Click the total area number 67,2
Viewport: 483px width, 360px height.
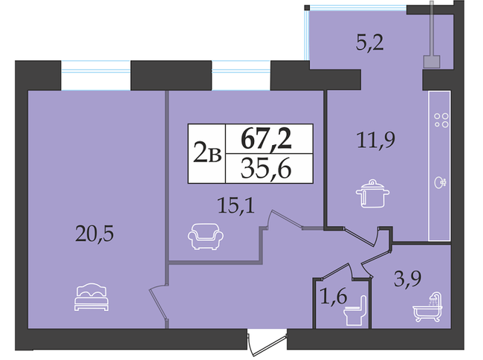click(268, 139)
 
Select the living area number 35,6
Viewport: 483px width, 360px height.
click(268, 170)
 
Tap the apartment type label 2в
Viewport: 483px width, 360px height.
click(207, 155)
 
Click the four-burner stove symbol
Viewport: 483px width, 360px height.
click(441, 120)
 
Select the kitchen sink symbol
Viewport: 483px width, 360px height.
click(441, 181)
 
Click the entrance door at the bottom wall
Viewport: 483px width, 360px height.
click(268, 344)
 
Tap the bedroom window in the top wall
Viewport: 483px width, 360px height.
click(95, 76)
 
